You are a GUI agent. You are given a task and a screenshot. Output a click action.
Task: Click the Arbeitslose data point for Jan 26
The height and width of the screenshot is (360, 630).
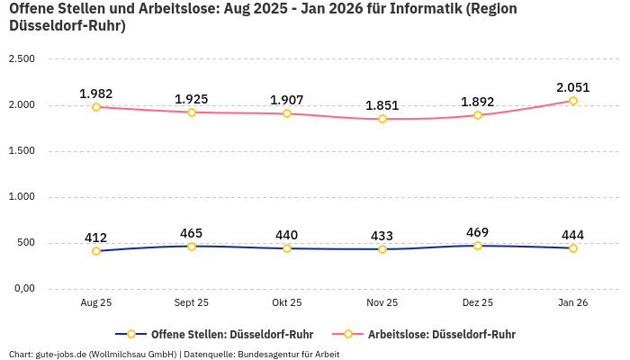coord(573,101)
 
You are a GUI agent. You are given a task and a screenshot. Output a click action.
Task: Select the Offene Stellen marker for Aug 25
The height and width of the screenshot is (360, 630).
coord(96,251)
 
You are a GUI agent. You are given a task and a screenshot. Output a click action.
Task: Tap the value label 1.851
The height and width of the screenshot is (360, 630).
coord(382,105)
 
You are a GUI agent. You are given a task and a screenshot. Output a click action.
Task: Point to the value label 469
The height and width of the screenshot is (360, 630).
coord(478,232)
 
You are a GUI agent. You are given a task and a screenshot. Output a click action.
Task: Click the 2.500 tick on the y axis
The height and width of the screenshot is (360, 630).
coord(22,59)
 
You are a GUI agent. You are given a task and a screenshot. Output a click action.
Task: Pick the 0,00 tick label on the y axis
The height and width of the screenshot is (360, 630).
coord(23,289)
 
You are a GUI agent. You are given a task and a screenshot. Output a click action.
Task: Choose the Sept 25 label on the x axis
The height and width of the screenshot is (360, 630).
coord(192,303)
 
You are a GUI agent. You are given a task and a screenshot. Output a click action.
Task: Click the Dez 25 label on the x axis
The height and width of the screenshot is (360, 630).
coord(478,303)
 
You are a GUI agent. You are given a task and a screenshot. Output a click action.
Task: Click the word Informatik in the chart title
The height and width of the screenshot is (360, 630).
coord(428,9)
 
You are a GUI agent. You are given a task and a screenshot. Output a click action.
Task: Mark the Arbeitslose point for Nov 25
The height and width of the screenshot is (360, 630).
coord(382,119)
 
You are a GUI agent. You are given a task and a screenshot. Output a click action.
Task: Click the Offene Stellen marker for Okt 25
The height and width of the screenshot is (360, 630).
coord(287,248)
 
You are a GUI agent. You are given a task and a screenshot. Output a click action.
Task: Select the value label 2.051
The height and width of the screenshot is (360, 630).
coord(573,87)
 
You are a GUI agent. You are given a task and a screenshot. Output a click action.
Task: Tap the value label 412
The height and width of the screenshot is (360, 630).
coord(96,238)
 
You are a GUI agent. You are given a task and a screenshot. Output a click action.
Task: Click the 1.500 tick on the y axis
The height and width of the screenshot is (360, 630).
coord(22,151)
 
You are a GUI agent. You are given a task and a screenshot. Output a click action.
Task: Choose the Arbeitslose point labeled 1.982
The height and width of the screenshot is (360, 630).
coord(96,107)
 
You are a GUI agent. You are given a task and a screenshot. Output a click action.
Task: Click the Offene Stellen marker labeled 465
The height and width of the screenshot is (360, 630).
coord(192,246)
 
